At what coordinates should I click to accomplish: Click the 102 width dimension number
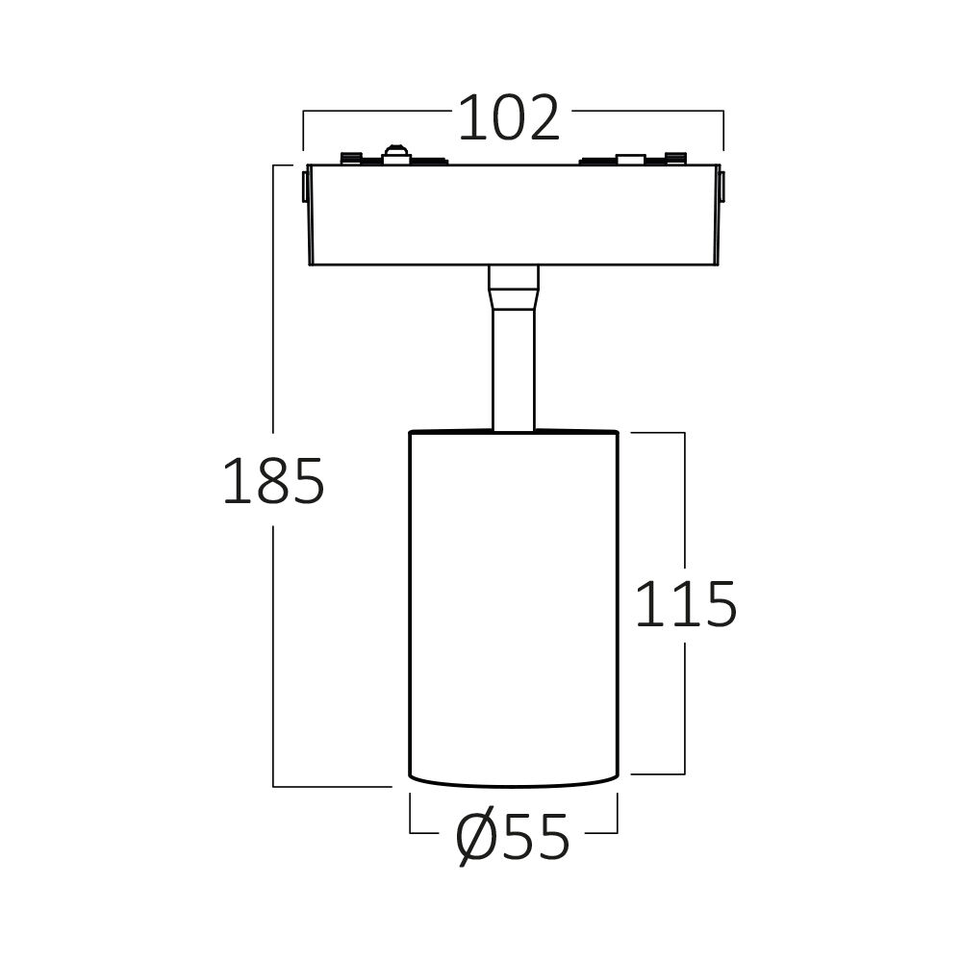509,118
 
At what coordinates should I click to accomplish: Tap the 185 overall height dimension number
273,482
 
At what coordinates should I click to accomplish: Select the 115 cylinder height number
685,604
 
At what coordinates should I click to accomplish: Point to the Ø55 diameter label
513,839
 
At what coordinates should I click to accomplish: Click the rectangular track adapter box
514,215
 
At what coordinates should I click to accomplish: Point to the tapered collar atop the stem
514,288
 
